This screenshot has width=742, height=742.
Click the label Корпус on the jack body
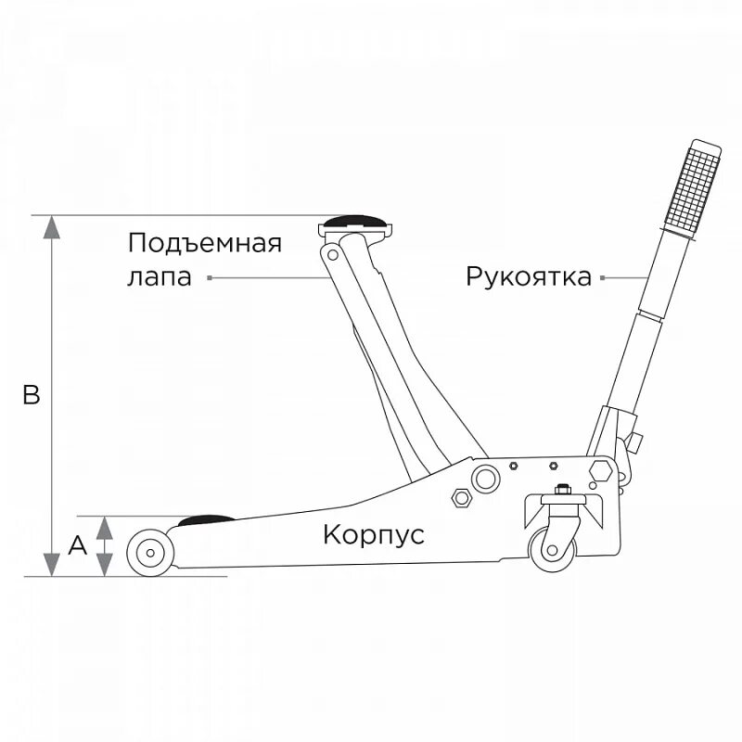(374, 535)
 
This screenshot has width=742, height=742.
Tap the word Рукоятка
(529, 277)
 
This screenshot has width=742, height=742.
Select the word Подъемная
(205, 244)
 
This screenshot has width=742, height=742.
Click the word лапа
(159, 277)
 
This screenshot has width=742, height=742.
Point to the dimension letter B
(31, 396)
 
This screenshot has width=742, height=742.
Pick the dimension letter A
(78, 545)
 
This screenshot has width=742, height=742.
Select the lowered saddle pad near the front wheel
(207, 520)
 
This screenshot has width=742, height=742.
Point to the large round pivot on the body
(483, 479)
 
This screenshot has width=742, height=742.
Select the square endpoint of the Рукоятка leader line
(603, 277)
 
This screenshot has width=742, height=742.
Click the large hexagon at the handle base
(599, 468)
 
